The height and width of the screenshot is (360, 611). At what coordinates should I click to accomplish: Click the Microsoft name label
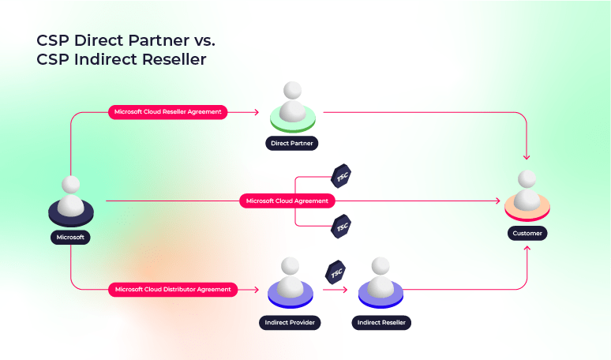[x=71, y=236]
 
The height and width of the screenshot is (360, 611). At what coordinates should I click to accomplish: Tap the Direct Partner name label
[x=291, y=144]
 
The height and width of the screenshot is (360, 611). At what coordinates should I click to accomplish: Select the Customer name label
[x=527, y=233]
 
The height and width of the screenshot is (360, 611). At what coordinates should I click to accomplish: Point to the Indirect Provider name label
[x=290, y=323]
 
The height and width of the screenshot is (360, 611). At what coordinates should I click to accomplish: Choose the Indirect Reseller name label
[x=381, y=323]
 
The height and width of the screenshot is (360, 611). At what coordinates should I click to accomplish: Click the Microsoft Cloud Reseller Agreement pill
[x=168, y=112]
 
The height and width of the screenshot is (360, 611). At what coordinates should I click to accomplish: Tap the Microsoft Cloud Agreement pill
[x=287, y=201]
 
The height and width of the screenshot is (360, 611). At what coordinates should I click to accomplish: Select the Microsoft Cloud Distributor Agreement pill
[x=172, y=290]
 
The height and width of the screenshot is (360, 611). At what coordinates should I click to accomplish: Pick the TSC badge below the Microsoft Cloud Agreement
[x=341, y=227]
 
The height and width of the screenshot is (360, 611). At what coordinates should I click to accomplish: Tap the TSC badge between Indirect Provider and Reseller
[x=335, y=271]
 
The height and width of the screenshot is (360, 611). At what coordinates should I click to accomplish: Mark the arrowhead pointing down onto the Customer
[x=527, y=157]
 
